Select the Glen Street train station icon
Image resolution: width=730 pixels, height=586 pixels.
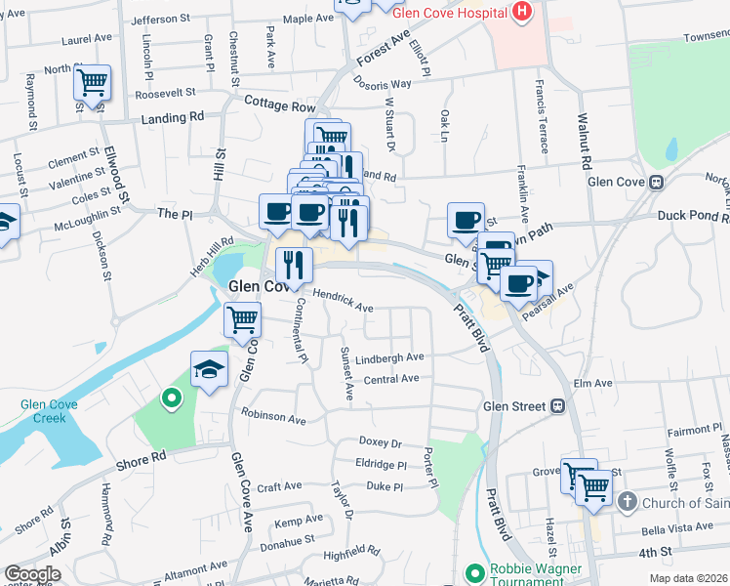pyautogui.click(x=559, y=405)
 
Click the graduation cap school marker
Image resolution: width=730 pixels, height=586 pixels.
pyautogui.click(x=209, y=370)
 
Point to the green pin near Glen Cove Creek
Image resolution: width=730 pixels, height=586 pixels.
pyautogui.click(x=172, y=398)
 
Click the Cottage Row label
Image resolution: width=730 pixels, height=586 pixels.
pyautogui.click(x=280, y=105)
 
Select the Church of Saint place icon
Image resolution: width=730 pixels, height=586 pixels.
pyautogui.click(x=627, y=503)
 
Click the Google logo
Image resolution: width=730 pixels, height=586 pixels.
pyautogui.click(x=32, y=574)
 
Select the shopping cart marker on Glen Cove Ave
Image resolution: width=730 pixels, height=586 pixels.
pyautogui.click(x=242, y=318)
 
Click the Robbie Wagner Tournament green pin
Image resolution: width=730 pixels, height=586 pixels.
pyautogui.click(x=474, y=571)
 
